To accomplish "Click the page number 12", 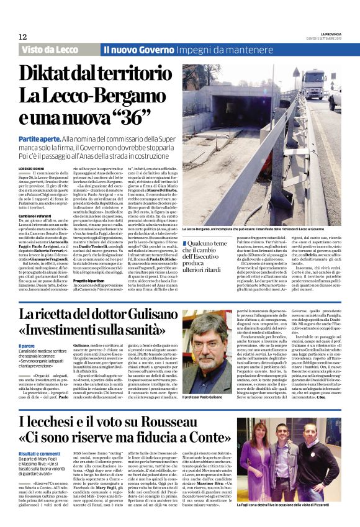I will click(22, 37).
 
